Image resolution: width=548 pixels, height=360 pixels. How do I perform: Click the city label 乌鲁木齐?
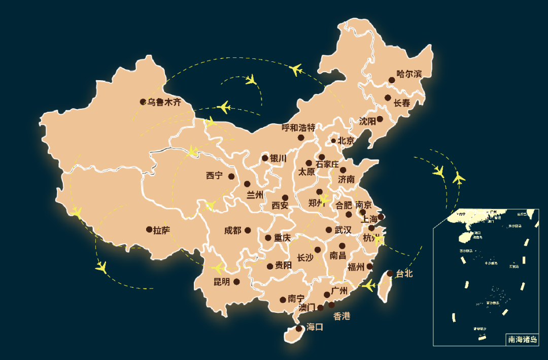click(x=164, y=102)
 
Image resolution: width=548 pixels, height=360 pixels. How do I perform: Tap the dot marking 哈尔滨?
click(x=392, y=80)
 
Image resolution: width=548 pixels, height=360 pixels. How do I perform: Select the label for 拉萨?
click(x=161, y=231)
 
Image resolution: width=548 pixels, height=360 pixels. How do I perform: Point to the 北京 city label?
click(x=346, y=141)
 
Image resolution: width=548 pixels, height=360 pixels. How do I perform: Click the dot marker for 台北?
click(x=390, y=273)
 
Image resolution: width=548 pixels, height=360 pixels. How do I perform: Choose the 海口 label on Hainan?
click(x=315, y=328)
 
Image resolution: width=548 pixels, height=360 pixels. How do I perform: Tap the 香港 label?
click(x=341, y=316)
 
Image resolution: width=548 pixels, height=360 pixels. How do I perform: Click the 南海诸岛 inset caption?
click(x=522, y=340)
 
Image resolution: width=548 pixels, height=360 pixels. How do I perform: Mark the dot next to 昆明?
click(x=236, y=281)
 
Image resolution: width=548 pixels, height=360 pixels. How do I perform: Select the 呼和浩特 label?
click(x=298, y=127)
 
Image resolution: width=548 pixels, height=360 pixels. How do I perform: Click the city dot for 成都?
click(x=248, y=230)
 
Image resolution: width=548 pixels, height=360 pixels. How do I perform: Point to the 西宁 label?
click(x=214, y=176)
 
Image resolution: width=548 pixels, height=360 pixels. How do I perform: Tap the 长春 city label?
click(x=402, y=103)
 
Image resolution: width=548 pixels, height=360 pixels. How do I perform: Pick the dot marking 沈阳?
click(x=380, y=119)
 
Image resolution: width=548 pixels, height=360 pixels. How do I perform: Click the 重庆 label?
click(x=282, y=238)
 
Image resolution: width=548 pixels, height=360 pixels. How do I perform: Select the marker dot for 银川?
click(x=265, y=158)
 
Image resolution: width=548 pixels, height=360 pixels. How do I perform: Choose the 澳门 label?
click(x=306, y=308)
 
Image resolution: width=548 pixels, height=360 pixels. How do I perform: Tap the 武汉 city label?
click(x=342, y=230)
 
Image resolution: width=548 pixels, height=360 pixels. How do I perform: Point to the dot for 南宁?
click(x=283, y=300)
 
